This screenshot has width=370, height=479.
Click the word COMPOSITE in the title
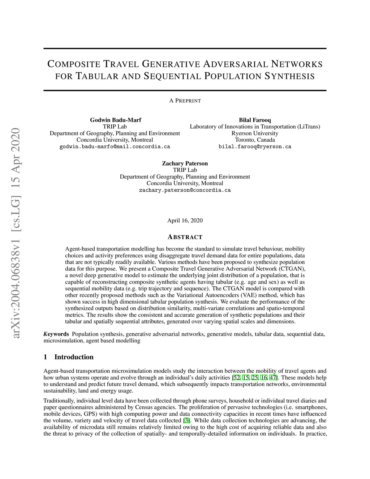coord(74,64)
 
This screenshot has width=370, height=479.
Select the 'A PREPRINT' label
coord(185,101)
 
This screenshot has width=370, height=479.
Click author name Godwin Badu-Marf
coord(115,120)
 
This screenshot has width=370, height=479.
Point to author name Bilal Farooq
coord(255,120)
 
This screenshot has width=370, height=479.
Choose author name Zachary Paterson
coord(185,163)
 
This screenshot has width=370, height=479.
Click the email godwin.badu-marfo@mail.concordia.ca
coord(115,147)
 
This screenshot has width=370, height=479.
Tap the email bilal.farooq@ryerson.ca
coord(255,147)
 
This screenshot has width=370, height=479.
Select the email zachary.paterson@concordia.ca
coord(185,190)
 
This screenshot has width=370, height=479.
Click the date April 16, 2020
coord(185,221)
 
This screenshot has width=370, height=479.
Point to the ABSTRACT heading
coord(185,237)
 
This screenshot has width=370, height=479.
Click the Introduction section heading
coord(74,357)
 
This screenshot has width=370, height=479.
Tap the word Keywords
coord(56,334)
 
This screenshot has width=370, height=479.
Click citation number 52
coord(237,378)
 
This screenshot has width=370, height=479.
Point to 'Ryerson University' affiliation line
coord(255,133)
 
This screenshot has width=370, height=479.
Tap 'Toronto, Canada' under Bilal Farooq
coord(255,140)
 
